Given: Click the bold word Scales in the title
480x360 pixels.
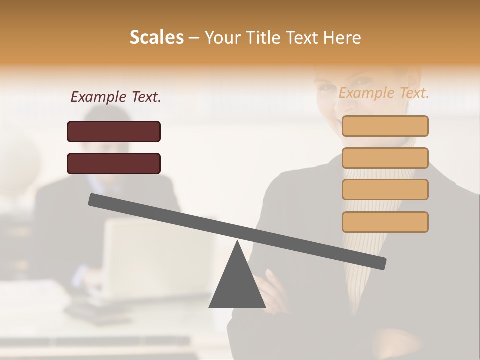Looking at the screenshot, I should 156,37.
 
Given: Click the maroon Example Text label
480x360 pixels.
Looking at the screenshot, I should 116,97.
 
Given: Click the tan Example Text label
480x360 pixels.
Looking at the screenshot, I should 384,93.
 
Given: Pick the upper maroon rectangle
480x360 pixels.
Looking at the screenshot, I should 114,131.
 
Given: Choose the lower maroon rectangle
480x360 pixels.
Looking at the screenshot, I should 114,163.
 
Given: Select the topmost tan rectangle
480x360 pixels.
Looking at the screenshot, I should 385,126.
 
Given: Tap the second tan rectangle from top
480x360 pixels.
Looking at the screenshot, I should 385,158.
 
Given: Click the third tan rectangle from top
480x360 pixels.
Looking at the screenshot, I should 385,190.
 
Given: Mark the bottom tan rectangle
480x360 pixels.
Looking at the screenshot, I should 385,222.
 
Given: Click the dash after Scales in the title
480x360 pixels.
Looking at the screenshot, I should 194,38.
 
